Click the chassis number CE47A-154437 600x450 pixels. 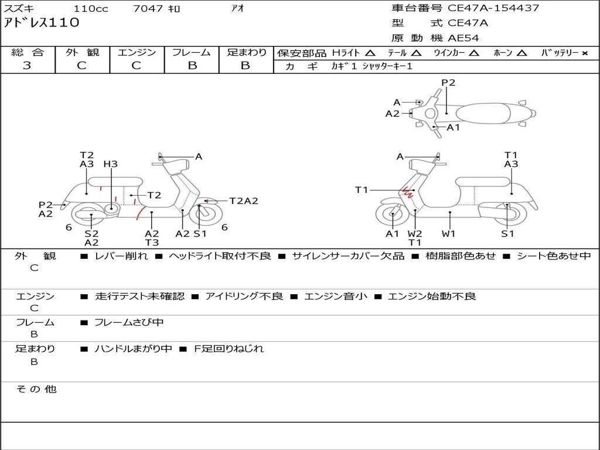coord(493,8)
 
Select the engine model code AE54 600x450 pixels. coord(463,37)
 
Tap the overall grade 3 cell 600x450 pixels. coord(28,66)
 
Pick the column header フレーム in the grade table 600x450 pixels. coord(192,53)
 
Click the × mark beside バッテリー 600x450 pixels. coord(585,53)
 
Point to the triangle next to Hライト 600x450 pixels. coord(370,53)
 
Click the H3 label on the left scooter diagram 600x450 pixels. coord(110,164)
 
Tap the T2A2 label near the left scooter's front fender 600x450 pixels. coord(243,201)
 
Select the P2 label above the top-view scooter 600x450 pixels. coord(448,83)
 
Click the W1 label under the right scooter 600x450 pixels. coord(449,234)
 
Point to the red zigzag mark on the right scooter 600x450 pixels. coord(406,192)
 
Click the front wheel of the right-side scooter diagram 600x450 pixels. coord(392,215)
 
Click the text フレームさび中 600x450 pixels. coord(129,322)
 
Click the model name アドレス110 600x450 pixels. coord(42,23)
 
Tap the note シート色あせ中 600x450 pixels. coord(553,255)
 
